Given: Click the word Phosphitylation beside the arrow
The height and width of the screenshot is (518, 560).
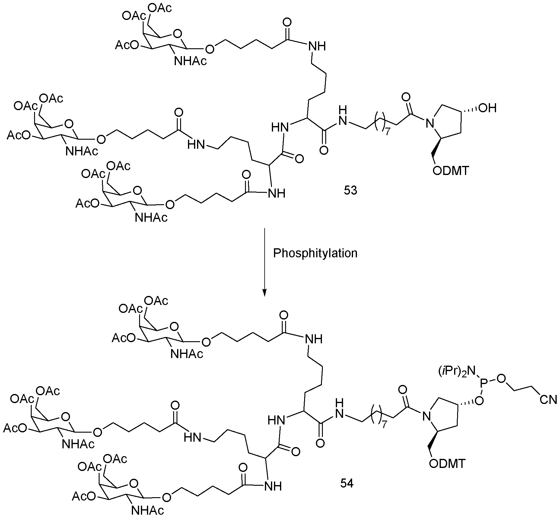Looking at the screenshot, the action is [x=315, y=253].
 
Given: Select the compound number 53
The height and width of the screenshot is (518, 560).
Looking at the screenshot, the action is [x=351, y=191].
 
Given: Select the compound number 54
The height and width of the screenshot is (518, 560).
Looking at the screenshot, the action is [x=347, y=484].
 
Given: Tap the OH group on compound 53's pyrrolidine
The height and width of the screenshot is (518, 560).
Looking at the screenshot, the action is [x=487, y=108].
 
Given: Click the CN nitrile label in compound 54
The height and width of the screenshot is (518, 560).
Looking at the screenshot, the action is [x=548, y=400].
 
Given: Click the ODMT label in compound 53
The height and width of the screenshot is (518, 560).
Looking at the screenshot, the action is [x=451, y=171].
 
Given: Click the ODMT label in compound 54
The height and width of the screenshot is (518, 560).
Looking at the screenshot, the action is [x=447, y=464].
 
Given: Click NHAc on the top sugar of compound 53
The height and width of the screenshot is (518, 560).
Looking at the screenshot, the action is [x=190, y=61].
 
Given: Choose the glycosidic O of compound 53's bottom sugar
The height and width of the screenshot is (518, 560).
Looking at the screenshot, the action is [x=170, y=205].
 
